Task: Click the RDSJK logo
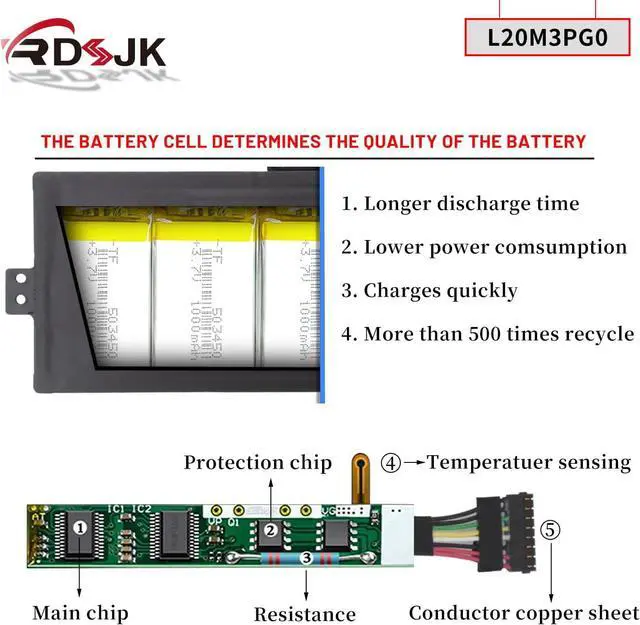pos(84,46)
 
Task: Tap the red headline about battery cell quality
pos(313,141)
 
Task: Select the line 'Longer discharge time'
pos(460,204)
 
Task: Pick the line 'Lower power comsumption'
pos(484,247)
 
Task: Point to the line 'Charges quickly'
pos(429,291)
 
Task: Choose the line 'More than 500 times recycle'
pos(487,334)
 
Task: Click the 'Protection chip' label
pos(257,462)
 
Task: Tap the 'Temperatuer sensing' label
pos(529,462)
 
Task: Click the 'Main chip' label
pos(80,611)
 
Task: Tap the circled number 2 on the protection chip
pos(269,530)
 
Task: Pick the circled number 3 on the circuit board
pos(305,558)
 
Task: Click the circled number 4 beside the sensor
pos(391,463)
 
